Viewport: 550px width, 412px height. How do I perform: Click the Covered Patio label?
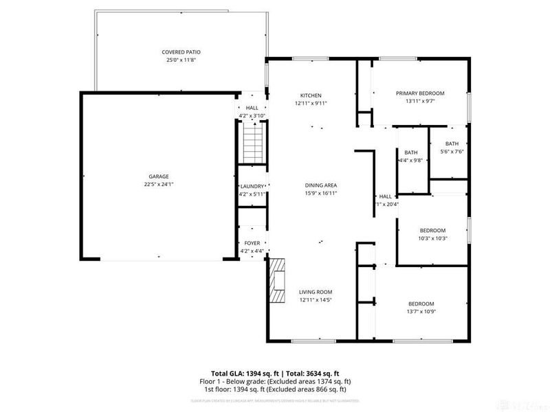181,52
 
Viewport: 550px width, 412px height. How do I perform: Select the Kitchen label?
311,95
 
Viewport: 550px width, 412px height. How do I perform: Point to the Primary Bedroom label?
419,93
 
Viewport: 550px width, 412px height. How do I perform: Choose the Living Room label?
316,293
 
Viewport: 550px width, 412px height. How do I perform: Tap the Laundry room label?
251,187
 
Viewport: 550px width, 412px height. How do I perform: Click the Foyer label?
251,243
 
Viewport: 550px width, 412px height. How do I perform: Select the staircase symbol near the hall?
252,145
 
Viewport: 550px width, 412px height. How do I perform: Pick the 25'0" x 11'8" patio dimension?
181,60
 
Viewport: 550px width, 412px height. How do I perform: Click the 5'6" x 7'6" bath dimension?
452,152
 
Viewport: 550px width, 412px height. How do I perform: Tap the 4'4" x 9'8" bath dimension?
410,161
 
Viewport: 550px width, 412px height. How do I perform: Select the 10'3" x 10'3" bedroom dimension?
432,238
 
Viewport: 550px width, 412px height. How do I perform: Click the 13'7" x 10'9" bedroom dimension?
421,312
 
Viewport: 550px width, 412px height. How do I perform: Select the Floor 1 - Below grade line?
276,381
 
